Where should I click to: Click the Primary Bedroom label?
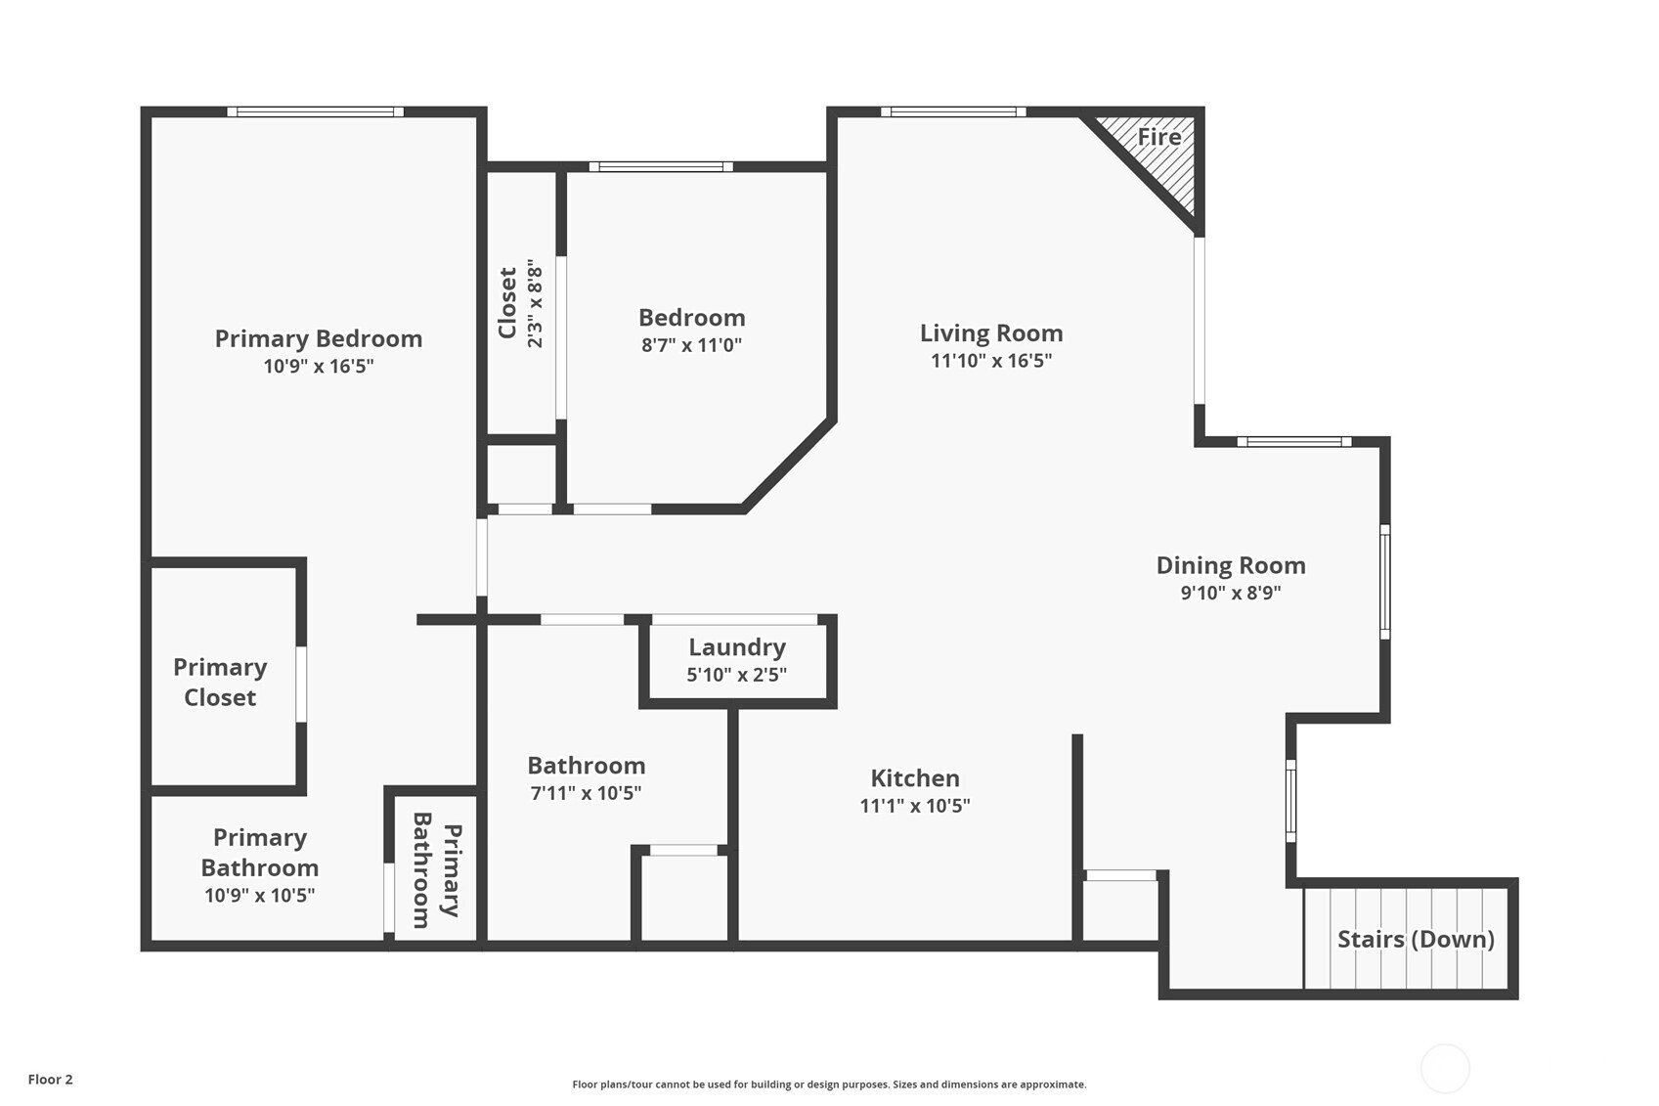point(319,338)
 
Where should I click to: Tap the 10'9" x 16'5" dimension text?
point(319,366)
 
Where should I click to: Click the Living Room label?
point(991,333)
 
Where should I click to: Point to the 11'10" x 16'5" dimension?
point(991,361)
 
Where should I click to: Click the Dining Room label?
point(1231,565)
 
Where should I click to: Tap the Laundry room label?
point(737,647)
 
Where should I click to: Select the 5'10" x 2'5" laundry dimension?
point(737,675)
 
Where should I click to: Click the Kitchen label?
point(915,777)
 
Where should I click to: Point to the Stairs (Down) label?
point(1416,940)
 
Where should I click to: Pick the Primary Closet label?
point(220,683)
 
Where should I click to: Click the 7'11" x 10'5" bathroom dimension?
point(586,793)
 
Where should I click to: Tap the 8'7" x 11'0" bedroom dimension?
point(692,345)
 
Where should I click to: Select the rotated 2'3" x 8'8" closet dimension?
point(535,303)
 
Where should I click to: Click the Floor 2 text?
point(51,1080)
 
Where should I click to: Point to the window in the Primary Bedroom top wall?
point(316,111)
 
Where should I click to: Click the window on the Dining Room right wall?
point(1385,582)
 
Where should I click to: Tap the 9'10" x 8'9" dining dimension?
point(1231,593)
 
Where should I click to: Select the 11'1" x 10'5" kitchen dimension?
point(915,806)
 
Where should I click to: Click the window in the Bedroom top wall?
point(661,166)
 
